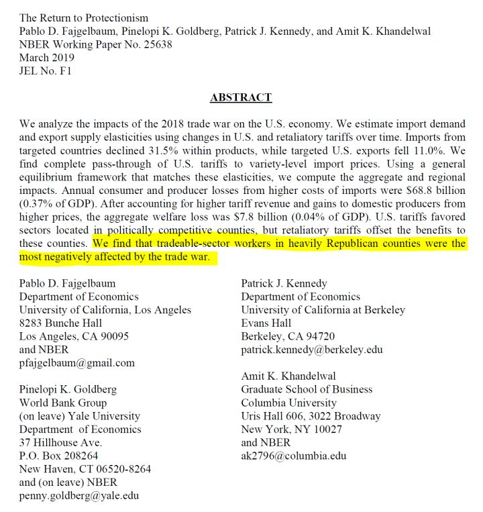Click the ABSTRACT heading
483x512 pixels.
point(241,97)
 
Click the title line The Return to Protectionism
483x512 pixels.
point(84,17)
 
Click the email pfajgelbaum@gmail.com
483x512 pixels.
point(76,362)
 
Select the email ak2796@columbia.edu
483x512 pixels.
point(294,456)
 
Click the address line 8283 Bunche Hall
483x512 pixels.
point(62,323)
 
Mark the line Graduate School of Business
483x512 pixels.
point(307,389)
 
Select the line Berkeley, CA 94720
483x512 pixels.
point(288,336)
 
